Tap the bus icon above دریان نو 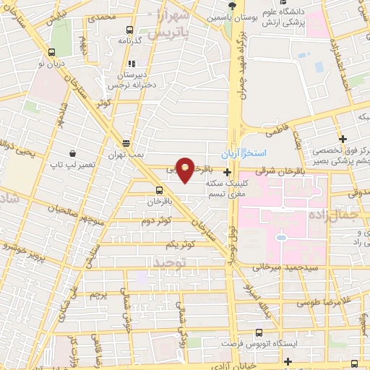[52, 52]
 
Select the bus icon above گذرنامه [129, 30]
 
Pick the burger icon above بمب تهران [126, 143]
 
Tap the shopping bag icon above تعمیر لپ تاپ [73, 153]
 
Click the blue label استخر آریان [244, 154]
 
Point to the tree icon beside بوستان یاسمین [210, 4]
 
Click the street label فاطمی [279, 128]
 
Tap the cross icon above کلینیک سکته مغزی [228, 172]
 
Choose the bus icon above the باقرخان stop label [158, 191]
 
